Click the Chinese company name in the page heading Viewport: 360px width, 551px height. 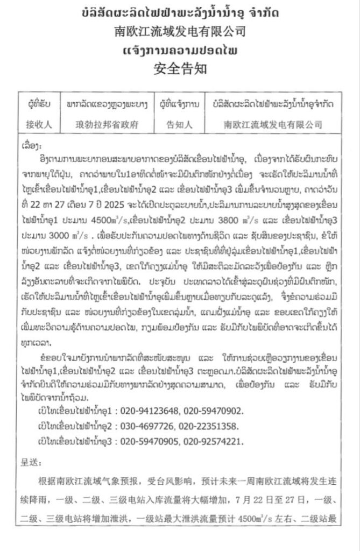coord(180,32)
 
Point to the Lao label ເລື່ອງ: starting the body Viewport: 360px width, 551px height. coord(30,146)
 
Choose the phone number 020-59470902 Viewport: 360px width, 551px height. coord(214,411)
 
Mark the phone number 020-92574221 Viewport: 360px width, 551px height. coord(214,441)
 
